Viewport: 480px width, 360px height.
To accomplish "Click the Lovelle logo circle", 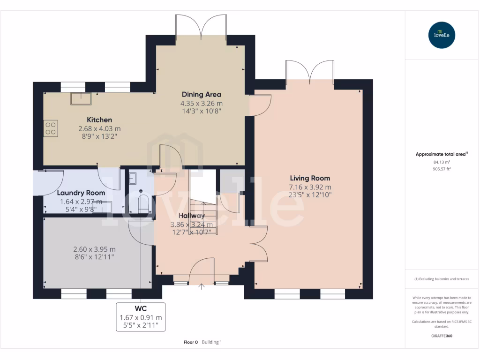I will coord(442,35).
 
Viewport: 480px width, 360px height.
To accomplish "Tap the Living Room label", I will coord(309,178).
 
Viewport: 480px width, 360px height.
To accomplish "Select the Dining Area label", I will coord(201,94).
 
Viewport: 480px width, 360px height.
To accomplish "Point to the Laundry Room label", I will coord(81,193).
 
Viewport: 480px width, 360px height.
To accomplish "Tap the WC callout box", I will coord(141,317).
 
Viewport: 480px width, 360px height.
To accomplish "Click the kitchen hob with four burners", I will coord(51,128).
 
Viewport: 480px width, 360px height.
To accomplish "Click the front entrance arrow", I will coord(202,287).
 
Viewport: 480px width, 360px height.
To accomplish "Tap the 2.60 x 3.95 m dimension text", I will coord(95,249).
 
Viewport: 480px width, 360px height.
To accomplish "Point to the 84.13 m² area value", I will coord(442,162).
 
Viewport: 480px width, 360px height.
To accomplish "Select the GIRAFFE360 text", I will coord(442,336).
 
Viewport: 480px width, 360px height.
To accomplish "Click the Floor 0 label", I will coord(191,342).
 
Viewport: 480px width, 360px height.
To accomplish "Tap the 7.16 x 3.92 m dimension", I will coord(309,187).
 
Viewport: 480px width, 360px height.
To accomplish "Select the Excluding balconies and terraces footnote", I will coord(442,279).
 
